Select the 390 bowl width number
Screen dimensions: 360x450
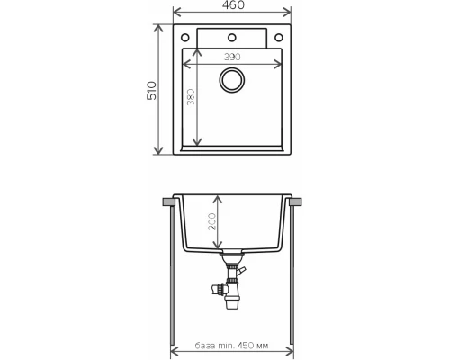[x=231, y=56]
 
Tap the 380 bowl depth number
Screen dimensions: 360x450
[x=191, y=98]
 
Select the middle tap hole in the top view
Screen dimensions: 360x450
[x=231, y=38]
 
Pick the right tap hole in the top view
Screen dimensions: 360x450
[x=278, y=38]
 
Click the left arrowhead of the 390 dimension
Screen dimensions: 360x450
[x=186, y=63]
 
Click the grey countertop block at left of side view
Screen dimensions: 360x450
[x=169, y=202]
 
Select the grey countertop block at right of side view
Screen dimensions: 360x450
[x=294, y=202]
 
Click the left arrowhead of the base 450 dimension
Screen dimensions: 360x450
[x=175, y=346]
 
